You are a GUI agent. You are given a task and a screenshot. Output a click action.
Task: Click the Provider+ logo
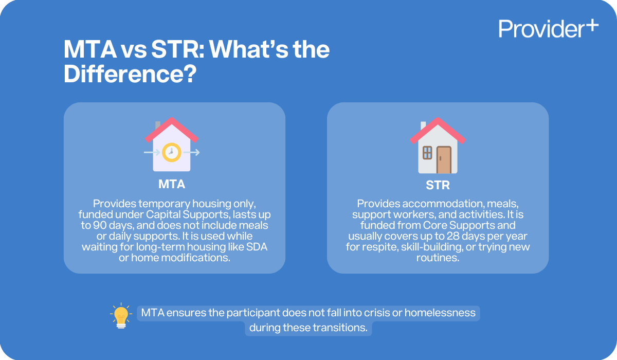tap(548, 28)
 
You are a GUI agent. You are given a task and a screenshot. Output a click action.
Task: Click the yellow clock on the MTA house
tap(171, 152)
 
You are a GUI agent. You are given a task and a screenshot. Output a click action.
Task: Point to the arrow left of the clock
tap(152, 152)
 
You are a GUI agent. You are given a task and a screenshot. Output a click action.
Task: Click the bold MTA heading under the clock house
tap(172, 184)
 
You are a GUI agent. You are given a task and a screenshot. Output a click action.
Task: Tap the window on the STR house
tap(427, 153)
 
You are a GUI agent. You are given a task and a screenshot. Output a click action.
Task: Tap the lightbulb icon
tap(121, 315)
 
